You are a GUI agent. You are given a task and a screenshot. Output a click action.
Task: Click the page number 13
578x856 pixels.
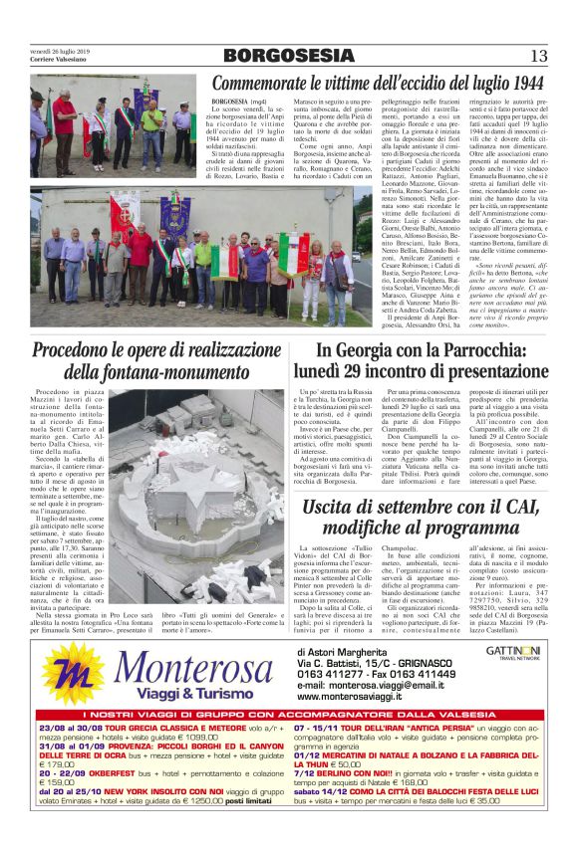click(x=538, y=56)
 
